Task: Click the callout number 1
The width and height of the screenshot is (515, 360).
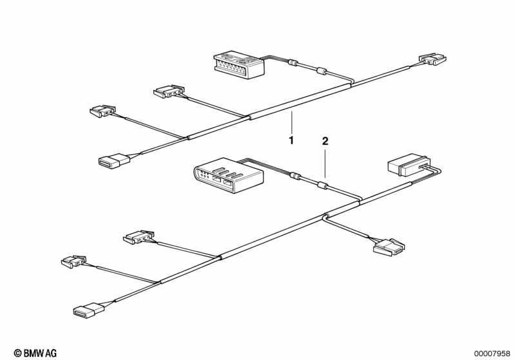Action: click(291, 140)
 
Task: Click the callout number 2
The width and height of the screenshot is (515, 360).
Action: click(326, 140)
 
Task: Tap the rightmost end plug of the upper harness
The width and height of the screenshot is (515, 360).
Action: click(432, 60)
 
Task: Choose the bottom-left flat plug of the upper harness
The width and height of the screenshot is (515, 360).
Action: click(114, 160)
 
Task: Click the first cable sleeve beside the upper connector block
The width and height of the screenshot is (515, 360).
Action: click(294, 63)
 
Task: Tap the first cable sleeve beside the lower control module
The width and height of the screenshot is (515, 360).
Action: click(295, 175)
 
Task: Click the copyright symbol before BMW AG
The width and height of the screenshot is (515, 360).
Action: click(17, 353)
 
